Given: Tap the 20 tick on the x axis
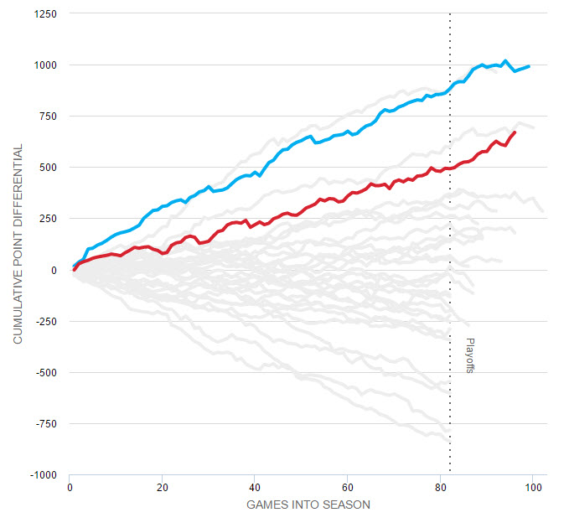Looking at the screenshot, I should coord(163,487).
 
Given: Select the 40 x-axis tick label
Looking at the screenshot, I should coord(255,487).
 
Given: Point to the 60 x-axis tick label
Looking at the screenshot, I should coord(348,487).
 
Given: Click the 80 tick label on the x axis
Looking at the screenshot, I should coord(441,487).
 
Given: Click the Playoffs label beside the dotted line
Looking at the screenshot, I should coord(469,355).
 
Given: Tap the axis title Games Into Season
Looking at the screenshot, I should coord(308,505).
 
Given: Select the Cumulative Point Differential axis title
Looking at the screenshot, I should coord(18,244).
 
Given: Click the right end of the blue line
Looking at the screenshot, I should coord(529,66).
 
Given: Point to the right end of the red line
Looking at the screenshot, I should coord(515,132).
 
